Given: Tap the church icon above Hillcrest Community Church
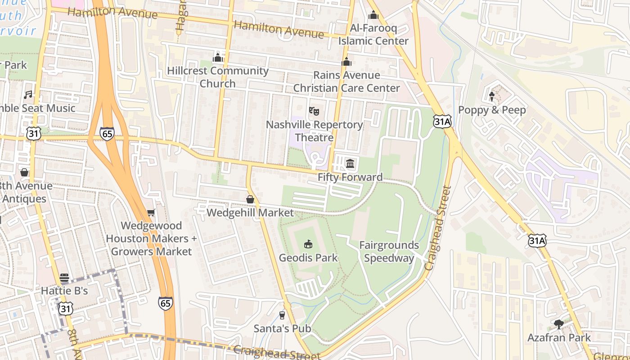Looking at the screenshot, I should (218, 58).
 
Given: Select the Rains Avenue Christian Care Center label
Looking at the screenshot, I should (346, 81).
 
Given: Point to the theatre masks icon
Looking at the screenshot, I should (314, 110).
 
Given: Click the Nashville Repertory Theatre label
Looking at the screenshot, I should (314, 131).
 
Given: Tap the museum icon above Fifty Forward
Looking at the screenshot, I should (350, 163).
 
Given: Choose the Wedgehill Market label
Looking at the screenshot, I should (250, 212).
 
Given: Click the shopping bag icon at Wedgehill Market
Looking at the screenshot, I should (250, 199).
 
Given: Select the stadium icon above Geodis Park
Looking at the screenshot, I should (308, 244).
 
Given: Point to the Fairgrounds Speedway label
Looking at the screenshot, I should (389, 252).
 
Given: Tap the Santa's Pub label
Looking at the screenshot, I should (282, 328).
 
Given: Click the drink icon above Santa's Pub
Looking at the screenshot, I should (282, 315).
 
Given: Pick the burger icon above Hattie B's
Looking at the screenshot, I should (64, 277).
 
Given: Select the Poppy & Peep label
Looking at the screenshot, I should (492, 110).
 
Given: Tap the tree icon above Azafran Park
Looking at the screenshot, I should (558, 324).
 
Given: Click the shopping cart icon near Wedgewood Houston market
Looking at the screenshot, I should (151, 212).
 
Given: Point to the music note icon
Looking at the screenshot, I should (28, 94).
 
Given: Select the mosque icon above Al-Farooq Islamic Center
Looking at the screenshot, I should (373, 16).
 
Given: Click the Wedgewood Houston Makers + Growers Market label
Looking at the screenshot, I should (151, 238).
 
